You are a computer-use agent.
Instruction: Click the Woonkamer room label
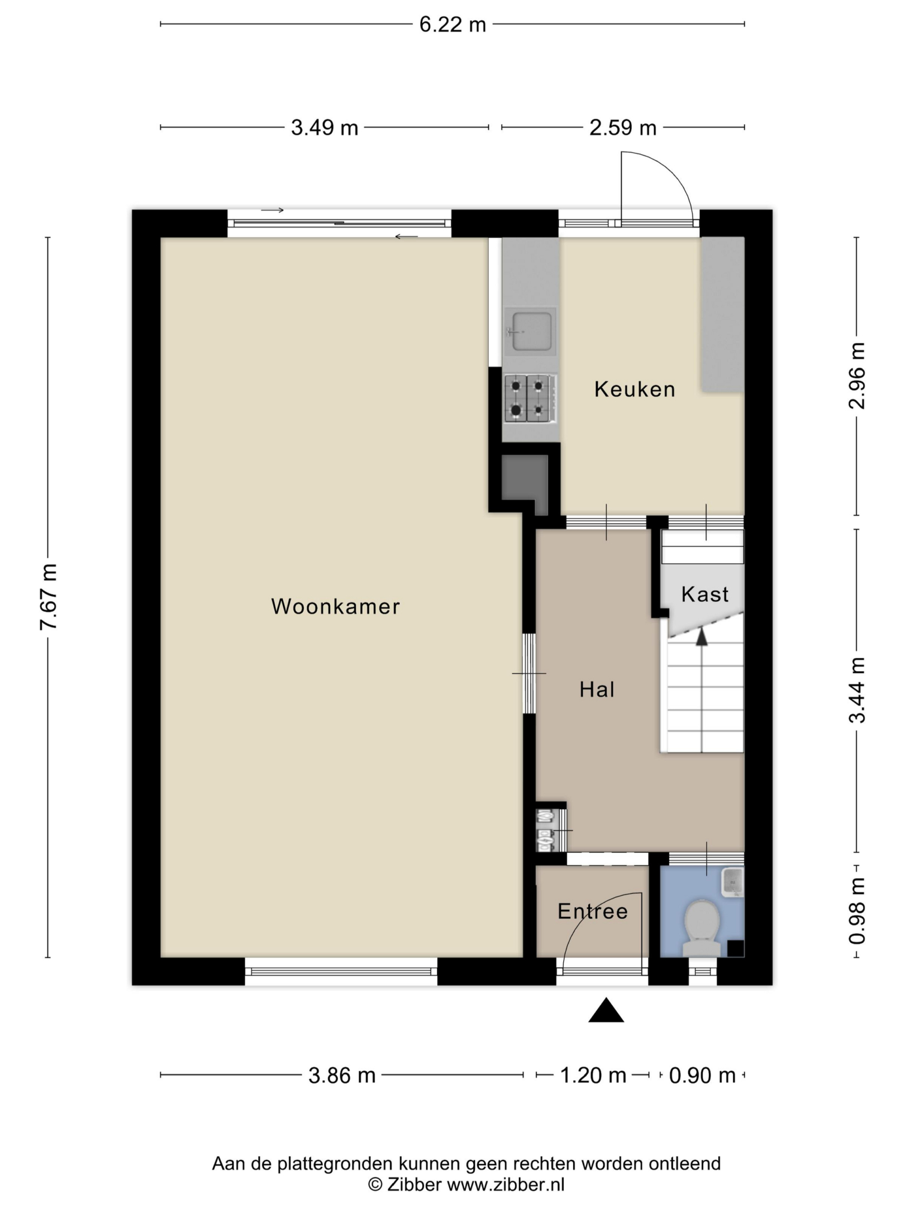(335, 606)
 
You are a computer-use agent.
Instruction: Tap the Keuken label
(635, 389)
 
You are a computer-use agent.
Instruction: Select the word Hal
(597, 690)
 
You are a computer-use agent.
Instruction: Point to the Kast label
(705, 594)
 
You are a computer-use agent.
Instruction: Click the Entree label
(593, 911)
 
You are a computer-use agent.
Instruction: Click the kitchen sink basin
(531, 331)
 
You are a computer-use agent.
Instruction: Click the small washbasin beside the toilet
(733, 882)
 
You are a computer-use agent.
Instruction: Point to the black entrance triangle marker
(606, 1010)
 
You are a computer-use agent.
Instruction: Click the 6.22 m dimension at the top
(453, 25)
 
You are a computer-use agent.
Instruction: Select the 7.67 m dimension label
(49, 597)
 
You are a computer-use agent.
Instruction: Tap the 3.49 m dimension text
(325, 128)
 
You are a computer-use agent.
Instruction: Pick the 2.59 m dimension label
(623, 128)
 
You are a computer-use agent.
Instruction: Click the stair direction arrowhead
(702, 636)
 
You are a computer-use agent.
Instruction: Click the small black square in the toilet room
(736, 948)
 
